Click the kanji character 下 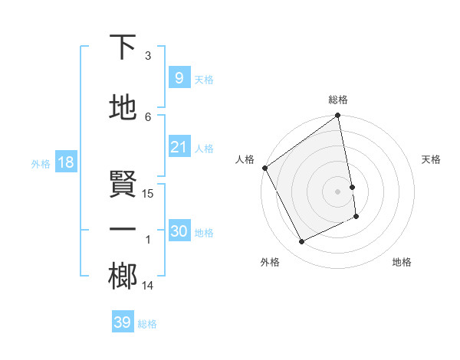tap(123, 47)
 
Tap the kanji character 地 tap(123, 108)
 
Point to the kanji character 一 tap(123, 230)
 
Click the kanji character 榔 tap(123, 277)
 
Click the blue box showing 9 tap(179, 79)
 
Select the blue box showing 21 tap(179, 148)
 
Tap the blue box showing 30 tap(179, 232)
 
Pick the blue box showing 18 tap(65, 163)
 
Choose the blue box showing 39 tap(122, 322)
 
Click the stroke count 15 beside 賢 tap(148, 194)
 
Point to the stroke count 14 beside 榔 tap(148, 286)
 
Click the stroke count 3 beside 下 tap(148, 56)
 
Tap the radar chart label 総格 tap(338, 100)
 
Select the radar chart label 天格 tap(431, 159)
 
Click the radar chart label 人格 tap(245, 159)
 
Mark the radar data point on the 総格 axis tap(337, 116)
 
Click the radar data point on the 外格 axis tap(301, 242)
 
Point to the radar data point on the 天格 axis tap(352, 186)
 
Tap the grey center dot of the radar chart tap(338, 191)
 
